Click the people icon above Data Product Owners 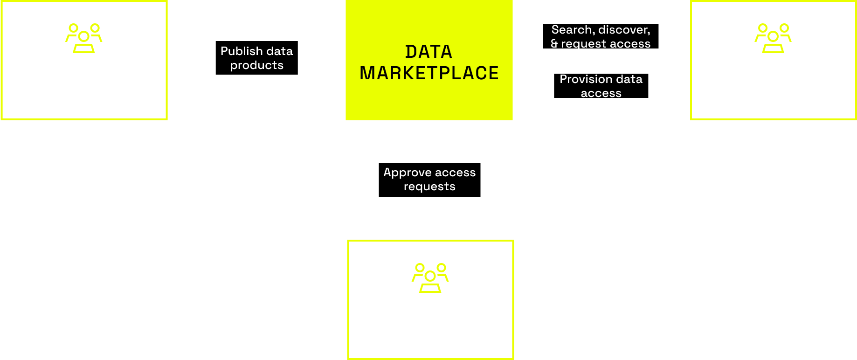[84, 38]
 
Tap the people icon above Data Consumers [773, 38]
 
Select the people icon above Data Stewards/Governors [430, 278]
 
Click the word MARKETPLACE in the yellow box [429, 73]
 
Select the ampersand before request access [554, 44]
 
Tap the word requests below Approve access [429, 187]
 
